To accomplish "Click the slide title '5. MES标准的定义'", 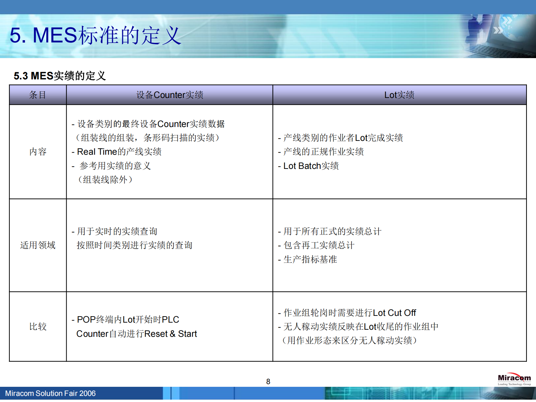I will point(95,35).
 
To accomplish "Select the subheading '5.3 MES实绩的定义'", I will point(60,76).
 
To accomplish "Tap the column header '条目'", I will point(37,95).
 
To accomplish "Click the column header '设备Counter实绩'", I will point(170,95).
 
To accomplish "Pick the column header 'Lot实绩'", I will point(399,95).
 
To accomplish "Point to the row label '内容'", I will point(37,152).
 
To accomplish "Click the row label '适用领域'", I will point(37,245).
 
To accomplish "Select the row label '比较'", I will point(37,327).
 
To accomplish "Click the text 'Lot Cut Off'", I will point(394,313).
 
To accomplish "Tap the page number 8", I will point(268,382).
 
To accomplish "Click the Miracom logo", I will point(514,379).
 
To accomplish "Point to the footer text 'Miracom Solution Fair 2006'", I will point(50,394).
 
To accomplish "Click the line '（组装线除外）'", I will point(105,180).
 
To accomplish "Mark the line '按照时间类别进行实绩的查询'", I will point(134,245).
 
